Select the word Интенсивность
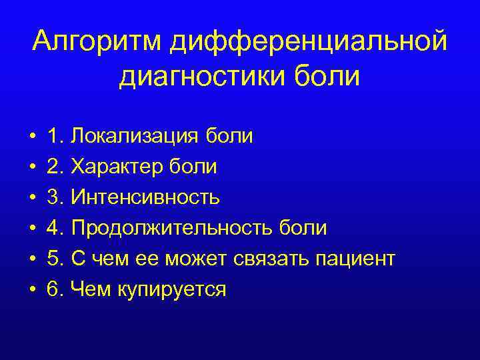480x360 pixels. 146,197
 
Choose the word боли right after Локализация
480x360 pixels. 233,136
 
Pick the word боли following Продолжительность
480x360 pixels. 306,228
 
